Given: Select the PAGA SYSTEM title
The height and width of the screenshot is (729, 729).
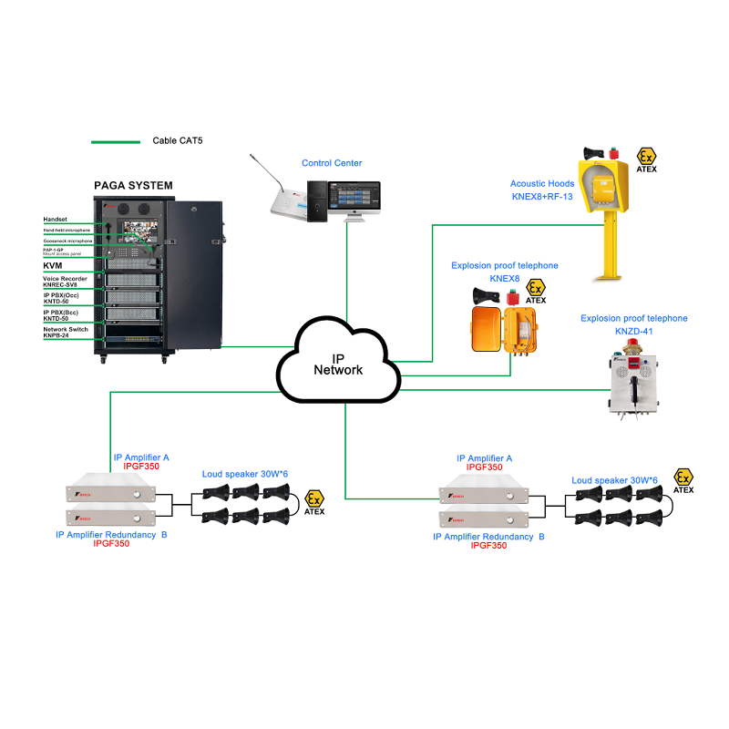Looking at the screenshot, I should [133, 185].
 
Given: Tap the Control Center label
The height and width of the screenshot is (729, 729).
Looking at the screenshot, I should [332, 163].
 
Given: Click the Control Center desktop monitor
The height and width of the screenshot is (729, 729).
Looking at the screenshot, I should [356, 199].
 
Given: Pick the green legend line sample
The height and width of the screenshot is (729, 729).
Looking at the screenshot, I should [115, 142].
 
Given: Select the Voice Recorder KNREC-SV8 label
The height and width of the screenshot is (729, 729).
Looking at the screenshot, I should [65, 282].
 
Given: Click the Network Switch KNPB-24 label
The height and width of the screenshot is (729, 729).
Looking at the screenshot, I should [66, 331].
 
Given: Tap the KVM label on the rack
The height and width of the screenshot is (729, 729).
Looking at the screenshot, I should [52, 265].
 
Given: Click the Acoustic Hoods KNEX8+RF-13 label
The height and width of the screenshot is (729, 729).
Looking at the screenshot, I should [542, 190].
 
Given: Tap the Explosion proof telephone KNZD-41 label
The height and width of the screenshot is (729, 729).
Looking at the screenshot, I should [633, 325].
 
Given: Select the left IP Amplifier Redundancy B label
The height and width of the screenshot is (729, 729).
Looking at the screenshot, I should [111, 535].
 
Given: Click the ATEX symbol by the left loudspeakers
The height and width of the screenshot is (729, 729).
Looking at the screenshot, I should [313, 500].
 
